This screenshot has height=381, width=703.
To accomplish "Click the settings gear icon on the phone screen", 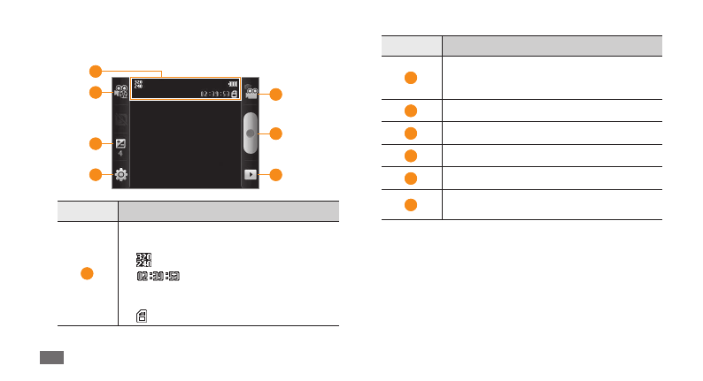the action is point(121,175).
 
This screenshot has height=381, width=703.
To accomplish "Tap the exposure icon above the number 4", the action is point(121,144).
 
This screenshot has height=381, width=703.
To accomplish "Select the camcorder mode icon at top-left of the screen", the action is point(120,92).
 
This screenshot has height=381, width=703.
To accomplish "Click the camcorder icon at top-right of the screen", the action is point(252,92).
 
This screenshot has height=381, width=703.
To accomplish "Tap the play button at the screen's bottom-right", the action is point(252,175).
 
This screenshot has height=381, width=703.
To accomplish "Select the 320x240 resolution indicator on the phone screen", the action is point(138,85).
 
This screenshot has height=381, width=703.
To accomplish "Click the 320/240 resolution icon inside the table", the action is point(142,260).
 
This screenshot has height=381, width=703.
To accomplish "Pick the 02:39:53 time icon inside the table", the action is point(158,278).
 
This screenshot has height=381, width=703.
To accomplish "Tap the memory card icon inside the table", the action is point(142,314).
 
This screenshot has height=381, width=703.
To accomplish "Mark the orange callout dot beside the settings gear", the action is point(95,175).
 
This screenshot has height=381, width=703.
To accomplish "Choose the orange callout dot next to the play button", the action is point(276,175).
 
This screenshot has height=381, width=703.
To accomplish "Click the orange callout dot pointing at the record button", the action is point(276,133).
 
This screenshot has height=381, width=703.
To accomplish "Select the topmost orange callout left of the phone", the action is point(95,71).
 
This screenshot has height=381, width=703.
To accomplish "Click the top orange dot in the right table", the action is point(411,78).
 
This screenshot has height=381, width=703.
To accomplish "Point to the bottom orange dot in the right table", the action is point(411,205).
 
